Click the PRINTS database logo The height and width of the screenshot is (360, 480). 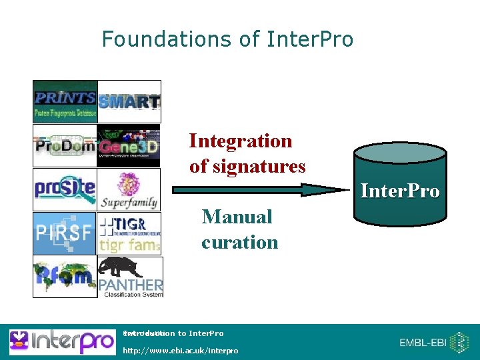point(65,101)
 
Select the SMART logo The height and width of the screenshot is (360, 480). point(129,101)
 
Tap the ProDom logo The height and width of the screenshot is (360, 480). point(65,145)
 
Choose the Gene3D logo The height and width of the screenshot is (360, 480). point(129,145)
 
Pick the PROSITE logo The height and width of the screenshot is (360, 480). point(65,189)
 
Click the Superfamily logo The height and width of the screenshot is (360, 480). point(129,189)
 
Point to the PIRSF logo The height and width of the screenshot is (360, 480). point(65,233)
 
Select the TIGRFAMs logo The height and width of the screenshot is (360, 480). point(129,233)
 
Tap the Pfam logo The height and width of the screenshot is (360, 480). point(65,276)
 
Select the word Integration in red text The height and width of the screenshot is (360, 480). point(240,141)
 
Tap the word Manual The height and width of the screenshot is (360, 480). point(237,217)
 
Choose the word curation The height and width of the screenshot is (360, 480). point(239,242)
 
